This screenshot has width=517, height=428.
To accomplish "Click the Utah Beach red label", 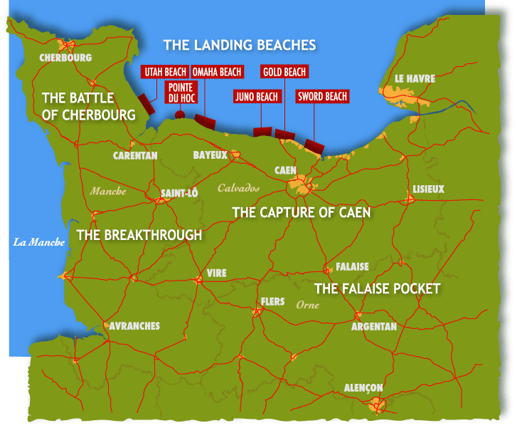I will click(165, 72).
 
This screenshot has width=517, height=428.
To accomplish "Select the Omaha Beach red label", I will click(217, 72).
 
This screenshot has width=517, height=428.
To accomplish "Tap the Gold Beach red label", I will click(284, 72).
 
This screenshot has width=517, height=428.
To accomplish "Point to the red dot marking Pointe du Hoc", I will click(180, 114).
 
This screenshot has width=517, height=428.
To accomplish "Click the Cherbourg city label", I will click(65, 58).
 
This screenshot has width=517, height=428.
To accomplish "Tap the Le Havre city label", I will click(414, 78).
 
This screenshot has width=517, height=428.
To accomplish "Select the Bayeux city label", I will click(210, 155).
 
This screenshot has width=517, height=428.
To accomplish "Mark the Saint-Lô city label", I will click(179, 192).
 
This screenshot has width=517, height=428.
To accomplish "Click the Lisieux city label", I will click(428, 189).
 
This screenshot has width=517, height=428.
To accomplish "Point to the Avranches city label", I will click(134, 326).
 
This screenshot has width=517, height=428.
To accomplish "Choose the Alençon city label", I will click(363, 387).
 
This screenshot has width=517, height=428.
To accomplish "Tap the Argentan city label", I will click(374, 327).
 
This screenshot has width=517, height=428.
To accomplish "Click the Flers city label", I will click(273, 302).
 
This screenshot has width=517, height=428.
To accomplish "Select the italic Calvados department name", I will click(238, 189).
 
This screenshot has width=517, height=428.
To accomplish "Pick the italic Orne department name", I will click(308, 304).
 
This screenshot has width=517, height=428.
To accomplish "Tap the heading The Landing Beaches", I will click(239, 45).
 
